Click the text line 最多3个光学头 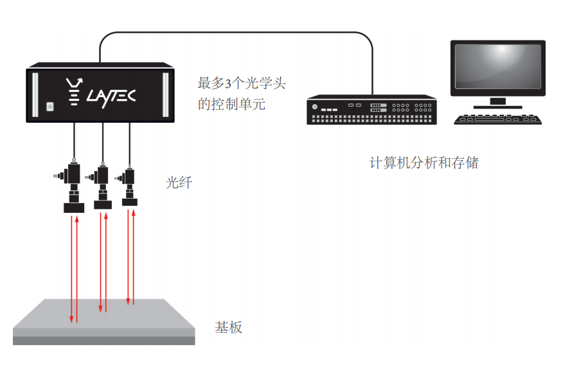coord(241,84)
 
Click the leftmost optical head coord(73,186)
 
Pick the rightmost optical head coord(129,186)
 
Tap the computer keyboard coord(497,119)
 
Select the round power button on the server coord(315,107)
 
